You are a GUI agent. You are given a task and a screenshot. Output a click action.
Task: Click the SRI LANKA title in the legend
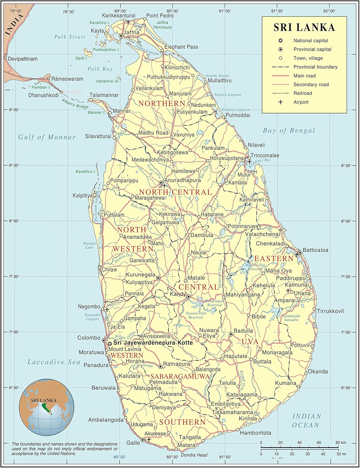[304, 27]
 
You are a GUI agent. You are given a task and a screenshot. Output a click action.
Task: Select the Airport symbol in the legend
[280, 102]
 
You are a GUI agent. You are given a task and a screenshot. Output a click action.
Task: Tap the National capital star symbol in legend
[280, 41]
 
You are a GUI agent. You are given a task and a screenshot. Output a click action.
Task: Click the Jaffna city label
[131, 32]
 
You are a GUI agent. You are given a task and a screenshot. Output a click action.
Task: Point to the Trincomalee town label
[265, 155]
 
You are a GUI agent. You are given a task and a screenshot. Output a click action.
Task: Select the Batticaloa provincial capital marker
[300, 252]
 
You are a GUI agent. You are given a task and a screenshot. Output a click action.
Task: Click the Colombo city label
[89, 338]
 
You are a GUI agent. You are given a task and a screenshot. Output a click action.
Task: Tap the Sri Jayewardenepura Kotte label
[153, 343]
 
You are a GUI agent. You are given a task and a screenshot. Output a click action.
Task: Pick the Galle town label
[133, 442]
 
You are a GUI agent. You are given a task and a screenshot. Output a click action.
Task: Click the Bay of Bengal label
[289, 130]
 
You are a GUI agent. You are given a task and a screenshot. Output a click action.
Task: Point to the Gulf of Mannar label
[47, 137]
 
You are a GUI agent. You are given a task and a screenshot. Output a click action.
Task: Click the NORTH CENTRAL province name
[175, 192]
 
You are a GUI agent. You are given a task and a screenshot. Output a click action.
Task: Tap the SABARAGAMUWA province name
[180, 376]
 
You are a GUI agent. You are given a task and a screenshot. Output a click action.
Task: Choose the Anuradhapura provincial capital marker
[161, 183]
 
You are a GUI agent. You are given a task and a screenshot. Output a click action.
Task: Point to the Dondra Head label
[194, 455]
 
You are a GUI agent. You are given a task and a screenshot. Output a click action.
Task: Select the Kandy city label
[178, 294]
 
